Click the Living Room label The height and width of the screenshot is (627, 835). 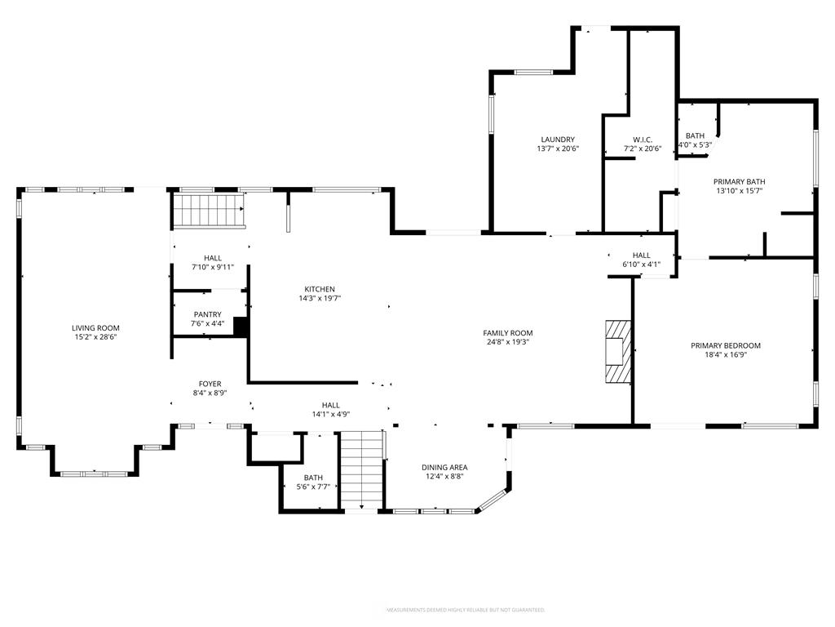95,328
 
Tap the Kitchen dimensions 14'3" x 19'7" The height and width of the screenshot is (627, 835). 320,299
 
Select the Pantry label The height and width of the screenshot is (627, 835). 207,314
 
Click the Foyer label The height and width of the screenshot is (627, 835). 210,384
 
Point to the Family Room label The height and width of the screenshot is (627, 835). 507,333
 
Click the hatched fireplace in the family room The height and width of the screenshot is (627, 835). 617,351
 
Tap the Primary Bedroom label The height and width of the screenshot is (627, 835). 725,345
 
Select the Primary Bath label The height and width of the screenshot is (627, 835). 739,181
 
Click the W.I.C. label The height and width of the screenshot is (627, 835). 643,140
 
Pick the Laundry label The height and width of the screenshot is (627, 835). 557,140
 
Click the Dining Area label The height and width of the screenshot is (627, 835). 444,467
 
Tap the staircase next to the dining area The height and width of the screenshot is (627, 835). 361,469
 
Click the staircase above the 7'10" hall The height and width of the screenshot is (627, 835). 208,211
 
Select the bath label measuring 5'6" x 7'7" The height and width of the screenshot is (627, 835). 313,478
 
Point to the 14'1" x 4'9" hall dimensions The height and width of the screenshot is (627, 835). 330,414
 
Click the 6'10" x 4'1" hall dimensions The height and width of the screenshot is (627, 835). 641,265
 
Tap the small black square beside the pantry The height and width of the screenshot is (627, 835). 241,327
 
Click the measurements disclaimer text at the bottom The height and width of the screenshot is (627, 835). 465,610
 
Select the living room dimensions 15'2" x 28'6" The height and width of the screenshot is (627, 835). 95,337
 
